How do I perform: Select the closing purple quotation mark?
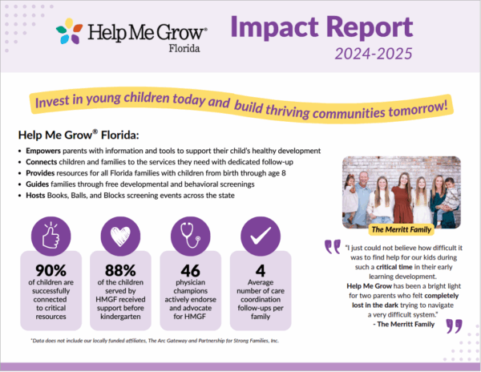[453, 325]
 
